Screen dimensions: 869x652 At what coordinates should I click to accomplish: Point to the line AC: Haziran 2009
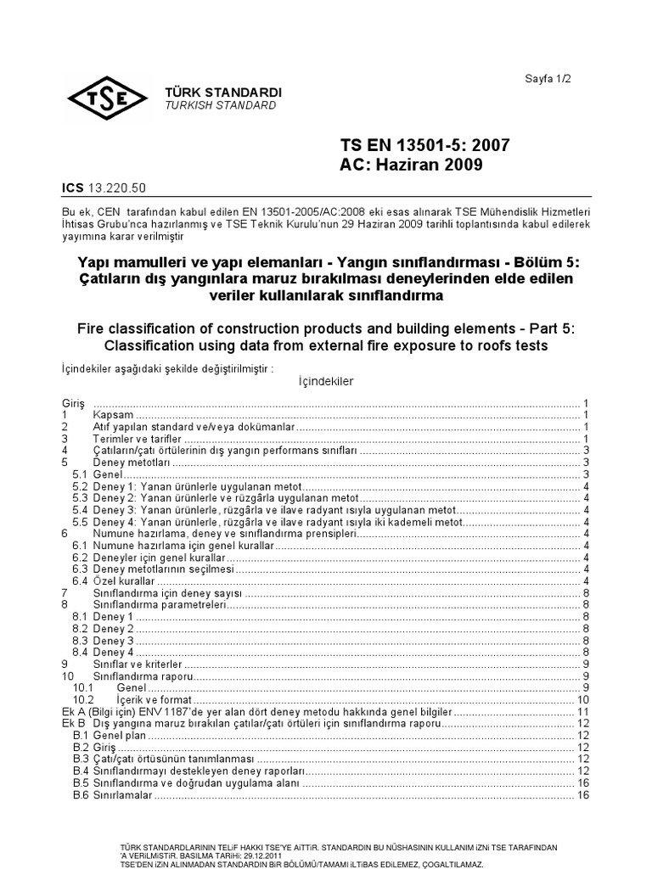click(411, 165)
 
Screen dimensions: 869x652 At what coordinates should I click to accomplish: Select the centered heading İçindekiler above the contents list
click(326, 381)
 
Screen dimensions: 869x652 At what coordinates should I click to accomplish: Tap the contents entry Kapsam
click(113, 414)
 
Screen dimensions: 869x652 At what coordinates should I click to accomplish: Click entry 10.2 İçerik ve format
click(154, 699)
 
